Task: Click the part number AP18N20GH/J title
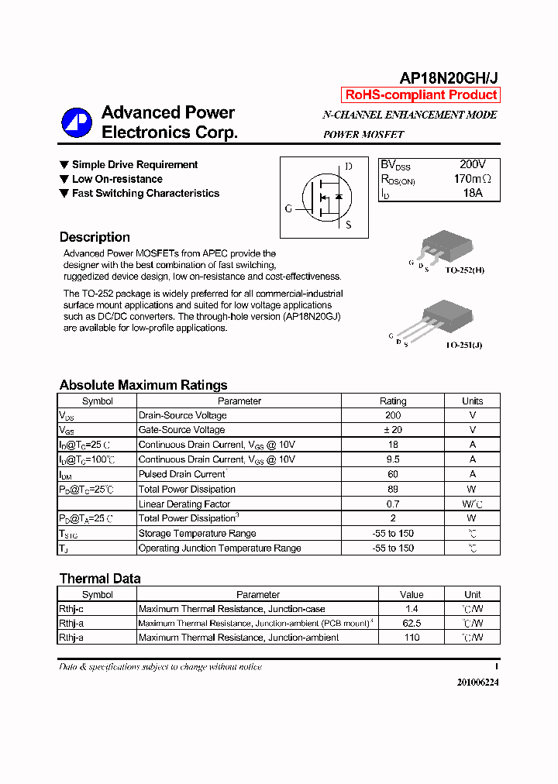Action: click(x=449, y=77)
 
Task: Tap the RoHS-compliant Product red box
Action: click(x=421, y=95)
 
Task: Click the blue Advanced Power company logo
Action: click(x=77, y=122)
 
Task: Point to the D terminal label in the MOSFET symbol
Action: click(x=349, y=167)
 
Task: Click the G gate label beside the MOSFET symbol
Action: click(x=288, y=209)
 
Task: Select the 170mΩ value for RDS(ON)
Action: click(x=473, y=179)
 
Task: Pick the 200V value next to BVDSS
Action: click(x=472, y=165)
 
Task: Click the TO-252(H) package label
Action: click(x=464, y=272)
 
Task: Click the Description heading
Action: click(x=95, y=237)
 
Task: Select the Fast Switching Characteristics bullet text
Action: click(x=145, y=194)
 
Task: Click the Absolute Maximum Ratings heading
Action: click(x=143, y=385)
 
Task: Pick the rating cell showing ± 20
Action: click(x=392, y=430)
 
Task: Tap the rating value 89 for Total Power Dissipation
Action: click(x=392, y=489)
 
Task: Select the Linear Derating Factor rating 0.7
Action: click(x=392, y=504)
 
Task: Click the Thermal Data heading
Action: click(x=100, y=579)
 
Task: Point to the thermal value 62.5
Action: click(x=412, y=623)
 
